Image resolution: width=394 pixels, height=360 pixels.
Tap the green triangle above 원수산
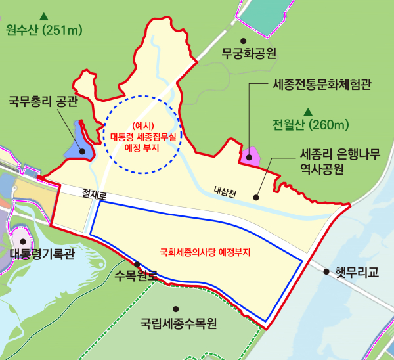pyautogui.click(x=43, y=14)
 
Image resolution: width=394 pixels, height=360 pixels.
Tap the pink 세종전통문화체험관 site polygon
pyautogui.click(x=250, y=156)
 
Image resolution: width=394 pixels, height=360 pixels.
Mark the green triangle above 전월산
pyautogui.click(x=307, y=110)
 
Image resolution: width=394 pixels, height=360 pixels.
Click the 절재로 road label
pyautogui.click(x=94, y=194)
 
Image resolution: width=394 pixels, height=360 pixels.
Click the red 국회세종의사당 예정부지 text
pyautogui.click(x=206, y=252)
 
